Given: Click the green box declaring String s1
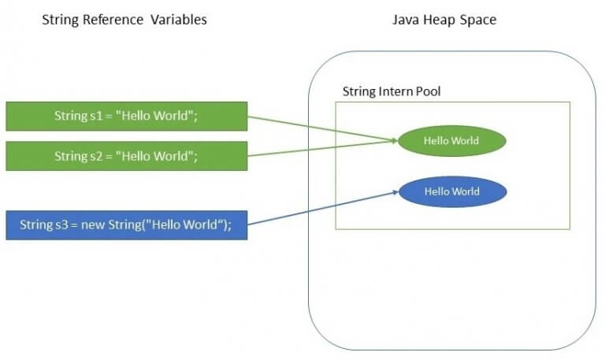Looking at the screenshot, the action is click(127, 116).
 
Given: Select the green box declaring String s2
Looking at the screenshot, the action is click(127, 156).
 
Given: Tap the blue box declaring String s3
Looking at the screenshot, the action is click(127, 225).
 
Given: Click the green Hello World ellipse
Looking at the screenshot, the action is click(452, 141).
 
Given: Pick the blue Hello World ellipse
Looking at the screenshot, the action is click(452, 191).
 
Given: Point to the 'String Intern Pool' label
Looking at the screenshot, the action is click(392, 91).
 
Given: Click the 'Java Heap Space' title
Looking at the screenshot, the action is click(444, 20).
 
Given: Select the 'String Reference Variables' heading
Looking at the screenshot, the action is click(124, 20).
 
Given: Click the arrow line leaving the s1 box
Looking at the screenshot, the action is click(322, 128).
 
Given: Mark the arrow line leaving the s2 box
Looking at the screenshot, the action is click(322, 148).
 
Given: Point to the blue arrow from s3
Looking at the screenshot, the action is click(323, 208).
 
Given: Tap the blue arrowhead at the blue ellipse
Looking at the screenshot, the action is click(395, 191).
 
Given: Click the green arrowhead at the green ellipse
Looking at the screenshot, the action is click(395, 141).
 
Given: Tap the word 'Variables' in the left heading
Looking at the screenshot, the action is click(179, 20).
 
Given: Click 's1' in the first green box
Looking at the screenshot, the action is click(96, 116).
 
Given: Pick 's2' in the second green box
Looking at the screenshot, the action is click(96, 156).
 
